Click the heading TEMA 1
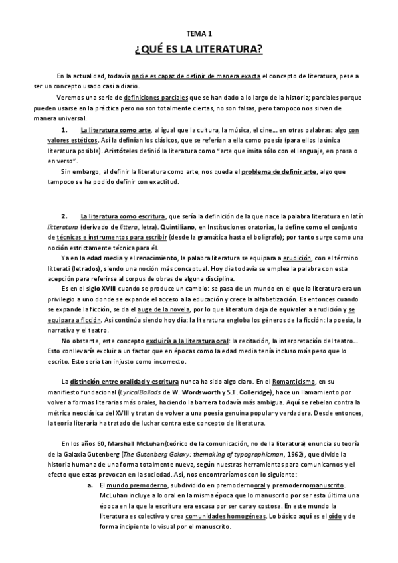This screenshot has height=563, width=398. pyautogui.click(x=198, y=33)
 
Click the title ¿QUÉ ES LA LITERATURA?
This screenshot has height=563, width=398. pyautogui.click(x=198, y=49)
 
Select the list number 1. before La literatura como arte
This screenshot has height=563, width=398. pyautogui.click(x=64, y=131)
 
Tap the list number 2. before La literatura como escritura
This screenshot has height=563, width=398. pyautogui.click(x=64, y=216)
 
